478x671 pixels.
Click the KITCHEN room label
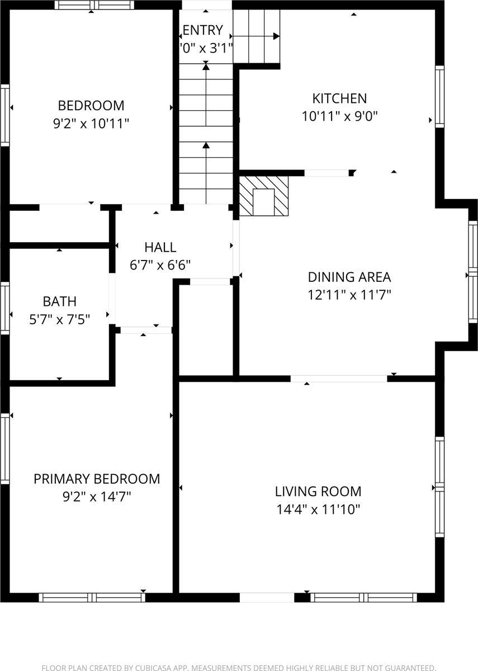click(x=339, y=98)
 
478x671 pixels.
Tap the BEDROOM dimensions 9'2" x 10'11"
click(x=91, y=124)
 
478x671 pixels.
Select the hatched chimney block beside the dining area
click(x=264, y=196)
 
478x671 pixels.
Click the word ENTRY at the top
click(x=202, y=30)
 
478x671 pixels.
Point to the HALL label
click(x=160, y=247)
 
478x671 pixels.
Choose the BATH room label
click(x=60, y=301)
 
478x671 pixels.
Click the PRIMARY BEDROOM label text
click(x=97, y=479)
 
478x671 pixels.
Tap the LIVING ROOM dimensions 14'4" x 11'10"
click(x=318, y=509)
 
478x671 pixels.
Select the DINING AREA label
click(x=349, y=277)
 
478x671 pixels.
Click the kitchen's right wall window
click(x=439, y=97)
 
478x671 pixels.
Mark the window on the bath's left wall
click(x=5, y=308)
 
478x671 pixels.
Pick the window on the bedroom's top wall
click(x=94, y=5)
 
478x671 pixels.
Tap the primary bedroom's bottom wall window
click(x=92, y=597)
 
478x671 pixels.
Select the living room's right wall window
click(x=439, y=487)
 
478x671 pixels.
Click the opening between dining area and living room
click(x=338, y=379)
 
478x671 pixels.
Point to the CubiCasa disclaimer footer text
click(x=239, y=667)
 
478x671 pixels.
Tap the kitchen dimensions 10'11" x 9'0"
click(x=339, y=116)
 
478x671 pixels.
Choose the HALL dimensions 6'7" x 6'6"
click(x=160, y=265)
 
